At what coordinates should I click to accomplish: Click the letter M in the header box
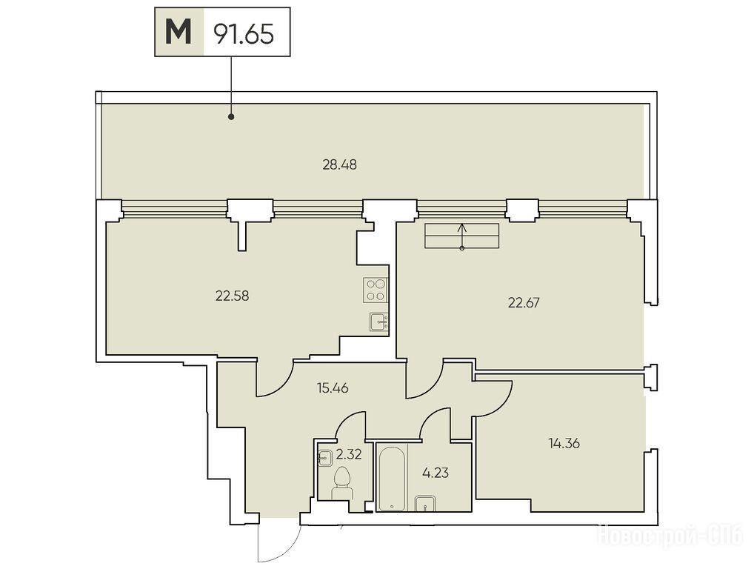point(179,32)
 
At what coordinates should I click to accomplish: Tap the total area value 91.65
point(244,33)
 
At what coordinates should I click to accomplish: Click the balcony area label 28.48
point(339,165)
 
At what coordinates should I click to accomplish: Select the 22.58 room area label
point(233,296)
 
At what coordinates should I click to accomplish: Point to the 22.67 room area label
point(524,302)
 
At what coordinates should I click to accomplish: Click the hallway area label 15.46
point(333,387)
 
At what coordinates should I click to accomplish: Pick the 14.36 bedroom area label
point(564,443)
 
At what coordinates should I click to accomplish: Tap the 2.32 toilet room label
point(349,453)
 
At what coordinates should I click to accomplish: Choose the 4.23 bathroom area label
point(436,473)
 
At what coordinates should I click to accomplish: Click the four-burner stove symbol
point(376,290)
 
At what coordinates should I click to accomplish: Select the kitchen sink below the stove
point(379,322)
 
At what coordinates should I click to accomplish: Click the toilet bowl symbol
point(342,483)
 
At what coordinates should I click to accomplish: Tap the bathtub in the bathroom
point(393,478)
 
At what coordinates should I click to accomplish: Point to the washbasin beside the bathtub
point(424,504)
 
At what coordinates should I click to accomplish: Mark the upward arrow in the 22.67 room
point(462,236)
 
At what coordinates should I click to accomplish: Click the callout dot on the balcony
point(231,116)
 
